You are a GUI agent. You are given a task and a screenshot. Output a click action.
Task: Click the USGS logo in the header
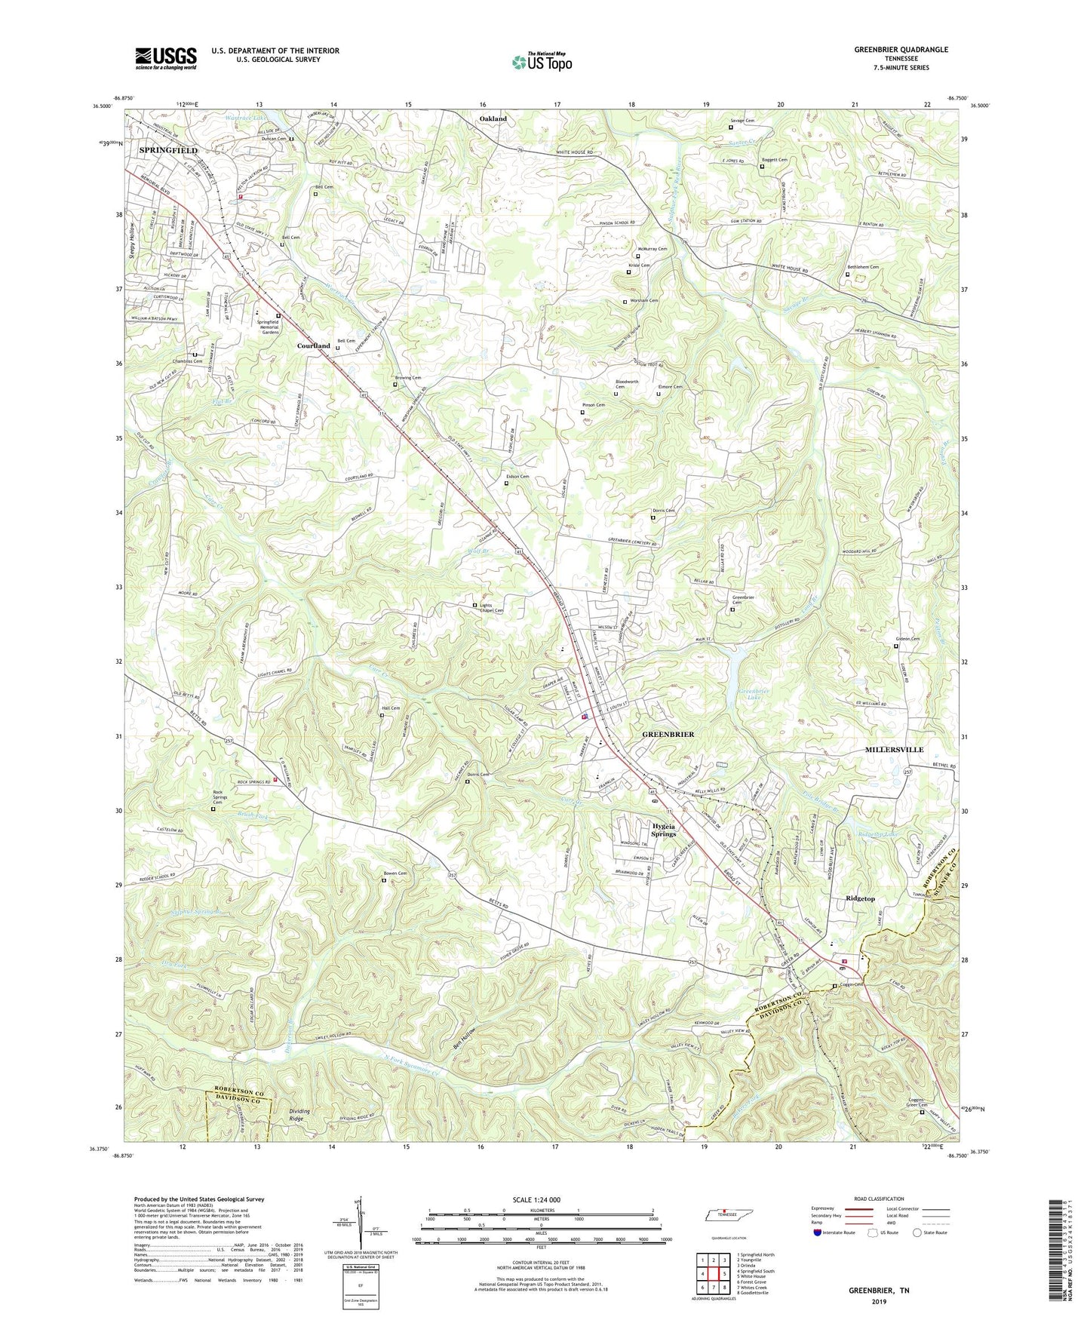tap(166, 57)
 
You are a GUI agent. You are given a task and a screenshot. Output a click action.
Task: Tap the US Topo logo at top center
tap(541, 62)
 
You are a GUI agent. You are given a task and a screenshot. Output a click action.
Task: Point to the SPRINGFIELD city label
tap(168, 151)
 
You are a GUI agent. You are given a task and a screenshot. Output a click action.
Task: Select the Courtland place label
tap(313, 346)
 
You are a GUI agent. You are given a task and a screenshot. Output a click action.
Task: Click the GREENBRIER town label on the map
tap(668, 734)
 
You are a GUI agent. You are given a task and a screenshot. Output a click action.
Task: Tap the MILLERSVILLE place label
tap(892, 750)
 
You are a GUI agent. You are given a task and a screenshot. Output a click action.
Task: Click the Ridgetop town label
tap(860, 898)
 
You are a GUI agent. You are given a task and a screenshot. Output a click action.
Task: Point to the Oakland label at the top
tap(493, 119)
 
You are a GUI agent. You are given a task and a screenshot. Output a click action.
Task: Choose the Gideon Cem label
tap(907, 640)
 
